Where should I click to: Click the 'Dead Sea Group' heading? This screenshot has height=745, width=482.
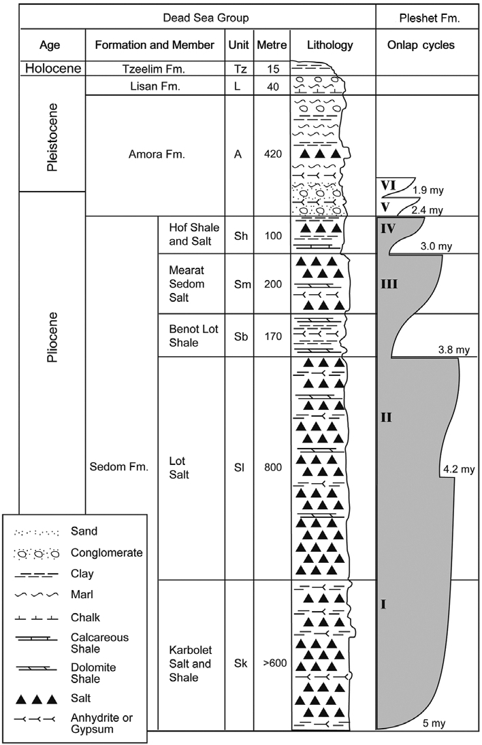tap(206, 18)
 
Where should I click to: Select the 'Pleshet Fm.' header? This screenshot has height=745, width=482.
tap(429, 18)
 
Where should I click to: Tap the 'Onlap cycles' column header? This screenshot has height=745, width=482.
tap(421, 45)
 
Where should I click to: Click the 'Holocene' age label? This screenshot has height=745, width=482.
tap(53, 69)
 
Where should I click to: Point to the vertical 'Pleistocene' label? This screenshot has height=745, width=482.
tap(52, 137)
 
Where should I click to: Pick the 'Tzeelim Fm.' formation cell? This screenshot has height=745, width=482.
tap(154, 69)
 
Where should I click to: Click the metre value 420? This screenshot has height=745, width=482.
tap(272, 154)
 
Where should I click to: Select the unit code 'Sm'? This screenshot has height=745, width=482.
tap(242, 284)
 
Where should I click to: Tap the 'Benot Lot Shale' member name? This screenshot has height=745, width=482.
tap(193, 335)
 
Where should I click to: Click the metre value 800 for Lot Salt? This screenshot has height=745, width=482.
tap(272, 468)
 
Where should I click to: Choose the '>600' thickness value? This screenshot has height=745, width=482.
tap(274, 663)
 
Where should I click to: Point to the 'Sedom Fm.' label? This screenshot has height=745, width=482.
tap(119, 466)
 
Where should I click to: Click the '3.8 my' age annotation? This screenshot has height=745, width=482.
tap(454, 349)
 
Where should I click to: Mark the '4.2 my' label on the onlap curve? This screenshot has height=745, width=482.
tap(459, 470)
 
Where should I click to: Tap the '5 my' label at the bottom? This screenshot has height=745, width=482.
tap(434, 723)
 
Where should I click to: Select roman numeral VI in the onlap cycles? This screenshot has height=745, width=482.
tap(388, 184)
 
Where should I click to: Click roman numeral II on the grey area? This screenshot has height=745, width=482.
tap(386, 417)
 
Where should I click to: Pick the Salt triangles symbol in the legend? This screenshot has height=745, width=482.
tap(37, 699)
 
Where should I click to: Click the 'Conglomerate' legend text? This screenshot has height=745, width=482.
tap(107, 553)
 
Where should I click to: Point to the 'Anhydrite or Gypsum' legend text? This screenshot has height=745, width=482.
tap(101, 723)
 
